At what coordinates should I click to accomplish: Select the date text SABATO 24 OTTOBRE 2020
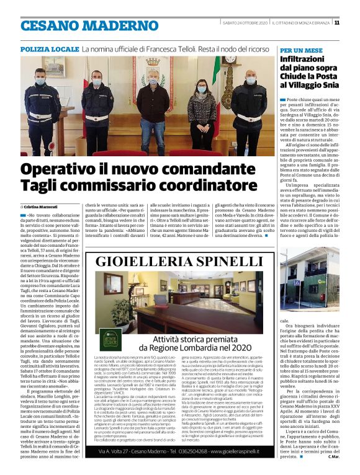point(245,23)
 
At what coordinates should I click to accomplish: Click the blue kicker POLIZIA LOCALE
point(49,48)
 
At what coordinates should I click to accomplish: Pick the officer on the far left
point(41,109)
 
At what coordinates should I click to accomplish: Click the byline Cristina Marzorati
point(41,205)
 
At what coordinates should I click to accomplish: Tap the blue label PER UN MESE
point(302,48)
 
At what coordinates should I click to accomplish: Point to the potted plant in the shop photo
point(122,313)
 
